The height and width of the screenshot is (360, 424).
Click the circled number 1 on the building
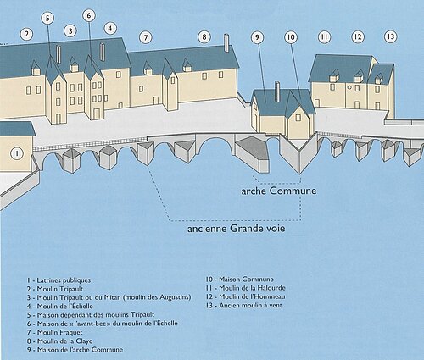[x=17, y=153]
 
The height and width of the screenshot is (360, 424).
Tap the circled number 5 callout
[x=47, y=18]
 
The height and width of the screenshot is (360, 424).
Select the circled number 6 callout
[x=89, y=15]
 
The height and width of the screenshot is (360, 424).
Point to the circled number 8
[x=204, y=36]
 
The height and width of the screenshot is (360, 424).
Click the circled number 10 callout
[x=291, y=37]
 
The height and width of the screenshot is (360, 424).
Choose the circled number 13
[x=391, y=36]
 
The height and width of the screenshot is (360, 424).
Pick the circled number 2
[x=26, y=35]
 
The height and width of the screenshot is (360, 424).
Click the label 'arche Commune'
[x=279, y=191]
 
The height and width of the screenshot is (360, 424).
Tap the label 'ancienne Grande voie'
[x=237, y=228]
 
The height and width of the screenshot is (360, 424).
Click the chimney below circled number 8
[x=226, y=43]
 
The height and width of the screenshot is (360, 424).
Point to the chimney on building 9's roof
[x=277, y=91]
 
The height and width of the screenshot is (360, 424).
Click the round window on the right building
[x=349, y=87]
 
